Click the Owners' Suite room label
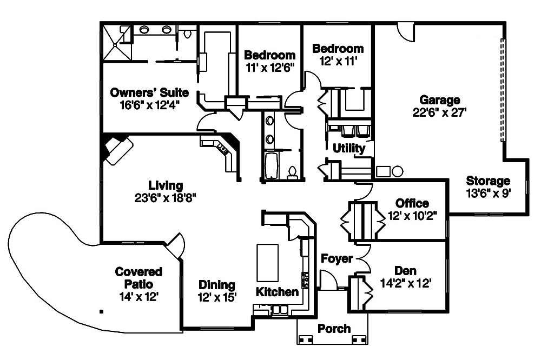[x=149, y=91]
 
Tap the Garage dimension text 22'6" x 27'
[x=439, y=112]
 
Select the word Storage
[x=488, y=181]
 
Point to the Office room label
[x=412, y=203]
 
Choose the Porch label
[x=334, y=328]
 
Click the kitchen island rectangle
[x=267, y=263]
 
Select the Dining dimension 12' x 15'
[x=216, y=297]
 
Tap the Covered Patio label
[x=138, y=278]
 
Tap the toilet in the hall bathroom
[x=293, y=172]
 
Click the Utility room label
[x=349, y=148]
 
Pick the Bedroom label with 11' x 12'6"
[x=269, y=55]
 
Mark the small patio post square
[x=101, y=311]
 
